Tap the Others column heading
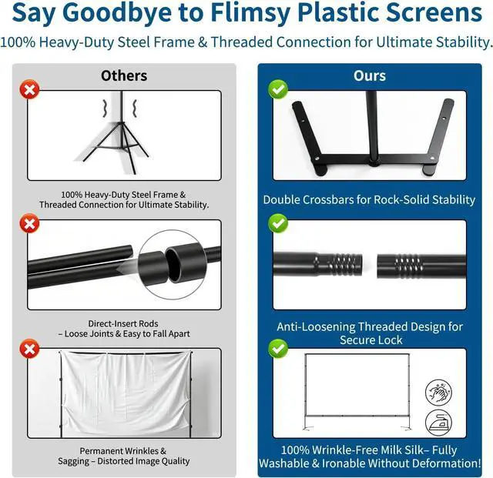(x=124, y=75)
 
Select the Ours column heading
(x=370, y=75)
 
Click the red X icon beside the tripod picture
(x=29, y=89)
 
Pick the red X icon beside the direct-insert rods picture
(x=29, y=223)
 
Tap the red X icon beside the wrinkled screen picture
(x=29, y=349)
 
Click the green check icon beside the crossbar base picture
(x=278, y=89)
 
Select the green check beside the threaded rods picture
(x=278, y=223)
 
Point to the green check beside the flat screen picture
(x=278, y=349)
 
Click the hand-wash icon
(x=438, y=393)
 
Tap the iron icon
(x=438, y=423)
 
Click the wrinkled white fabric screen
(x=125, y=393)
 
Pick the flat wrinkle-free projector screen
(x=357, y=385)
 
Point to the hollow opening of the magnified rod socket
(x=176, y=263)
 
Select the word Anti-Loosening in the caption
(x=315, y=327)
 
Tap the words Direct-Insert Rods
(x=123, y=323)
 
